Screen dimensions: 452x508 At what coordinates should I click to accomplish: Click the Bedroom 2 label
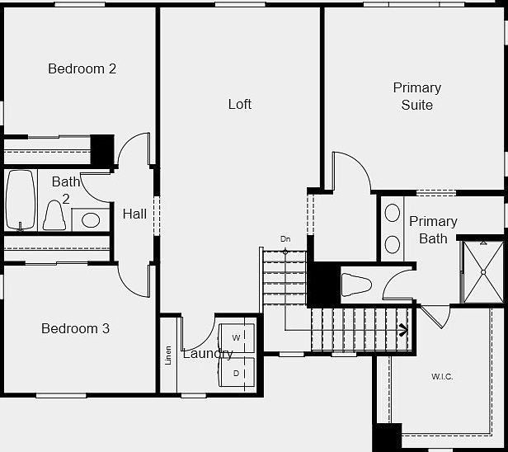[x=82, y=68]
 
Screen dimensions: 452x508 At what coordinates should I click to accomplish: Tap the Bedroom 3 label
[x=75, y=328]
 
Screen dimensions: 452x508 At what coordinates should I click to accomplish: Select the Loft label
[x=239, y=104]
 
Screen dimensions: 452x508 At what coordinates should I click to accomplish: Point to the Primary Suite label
[x=416, y=96]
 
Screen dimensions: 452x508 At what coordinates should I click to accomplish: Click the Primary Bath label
[x=433, y=229]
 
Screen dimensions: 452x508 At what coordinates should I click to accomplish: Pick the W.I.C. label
[x=442, y=377]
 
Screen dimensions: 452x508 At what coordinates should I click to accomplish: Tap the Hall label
[x=134, y=214]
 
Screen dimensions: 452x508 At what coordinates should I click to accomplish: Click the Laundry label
[x=207, y=354]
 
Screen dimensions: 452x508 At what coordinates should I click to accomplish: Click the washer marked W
[x=237, y=338]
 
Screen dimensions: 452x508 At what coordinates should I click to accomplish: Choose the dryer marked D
[x=237, y=373]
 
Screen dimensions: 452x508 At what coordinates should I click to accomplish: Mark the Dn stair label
[x=285, y=239]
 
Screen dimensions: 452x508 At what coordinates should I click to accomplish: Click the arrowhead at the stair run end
[x=403, y=331]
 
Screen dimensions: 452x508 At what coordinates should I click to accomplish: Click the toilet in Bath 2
[x=55, y=216]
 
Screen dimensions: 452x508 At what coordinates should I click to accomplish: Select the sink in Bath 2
[x=91, y=220]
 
